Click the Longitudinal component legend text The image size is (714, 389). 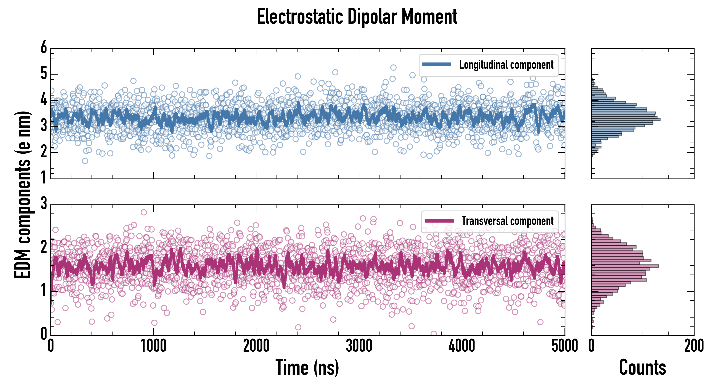(x=506, y=65)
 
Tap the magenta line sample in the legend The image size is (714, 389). (x=439, y=221)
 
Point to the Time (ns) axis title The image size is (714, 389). (x=307, y=367)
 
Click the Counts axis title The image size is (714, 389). (x=642, y=367)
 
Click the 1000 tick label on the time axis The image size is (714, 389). (x=153, y=346)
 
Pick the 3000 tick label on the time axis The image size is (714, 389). (x=359, y=346)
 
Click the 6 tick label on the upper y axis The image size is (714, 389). (x=44, y=48)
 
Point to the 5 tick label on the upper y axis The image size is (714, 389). (x=44, y=74)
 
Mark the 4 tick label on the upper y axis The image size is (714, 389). (x=44, y=100)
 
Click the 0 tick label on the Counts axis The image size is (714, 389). (x=592, y=346)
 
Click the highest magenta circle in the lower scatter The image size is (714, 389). (x=144, y=212)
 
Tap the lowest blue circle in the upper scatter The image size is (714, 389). (x=85, y=161)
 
